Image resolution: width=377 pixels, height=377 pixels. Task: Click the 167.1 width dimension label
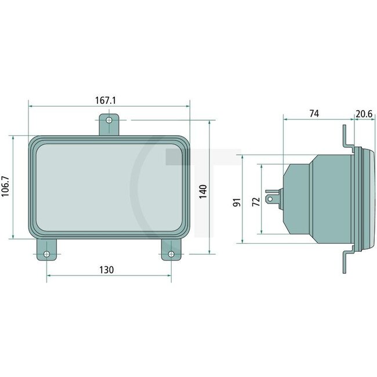pos(106,100)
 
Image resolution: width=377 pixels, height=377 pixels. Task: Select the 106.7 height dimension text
pos(6,186)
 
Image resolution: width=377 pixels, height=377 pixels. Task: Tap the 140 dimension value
pos(202,191)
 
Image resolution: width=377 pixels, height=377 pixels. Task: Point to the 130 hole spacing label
pos(106,269)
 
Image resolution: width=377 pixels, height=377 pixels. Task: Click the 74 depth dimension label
pos(314,114)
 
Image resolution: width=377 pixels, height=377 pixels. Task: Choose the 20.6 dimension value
pos(364,114)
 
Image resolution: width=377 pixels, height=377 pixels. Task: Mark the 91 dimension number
pos(236,202)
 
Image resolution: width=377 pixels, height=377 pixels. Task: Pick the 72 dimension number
pos(255,202)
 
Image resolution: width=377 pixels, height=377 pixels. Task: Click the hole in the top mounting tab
pos(107,120)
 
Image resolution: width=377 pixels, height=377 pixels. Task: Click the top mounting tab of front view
pos(107,124)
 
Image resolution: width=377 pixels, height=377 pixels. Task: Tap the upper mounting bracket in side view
pos(346,139)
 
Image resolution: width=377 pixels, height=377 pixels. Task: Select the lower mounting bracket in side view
pos(346,258)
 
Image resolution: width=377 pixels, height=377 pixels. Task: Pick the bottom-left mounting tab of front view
pos(47,251)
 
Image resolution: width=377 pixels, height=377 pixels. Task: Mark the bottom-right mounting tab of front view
pos(171,251)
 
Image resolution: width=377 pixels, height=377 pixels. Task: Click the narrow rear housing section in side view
pos(297,198)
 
